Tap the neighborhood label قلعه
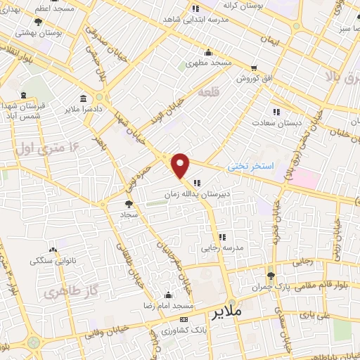209,92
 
